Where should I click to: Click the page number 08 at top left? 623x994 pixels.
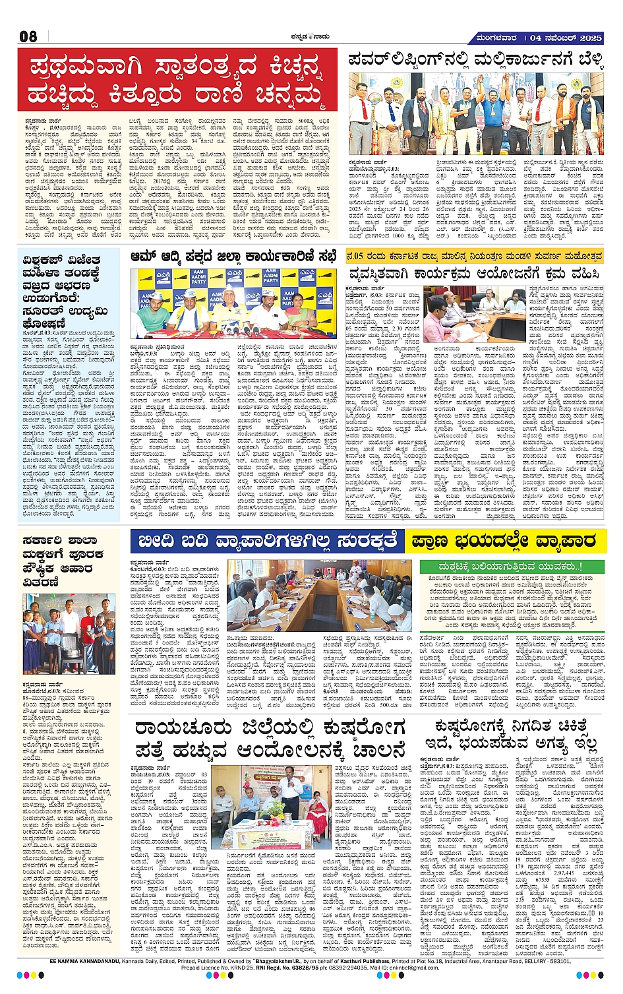[x=28, y=36]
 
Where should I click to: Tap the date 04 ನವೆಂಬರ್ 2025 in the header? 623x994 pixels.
[x=566, y=38]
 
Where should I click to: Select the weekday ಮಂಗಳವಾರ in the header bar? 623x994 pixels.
[x=496, y=38]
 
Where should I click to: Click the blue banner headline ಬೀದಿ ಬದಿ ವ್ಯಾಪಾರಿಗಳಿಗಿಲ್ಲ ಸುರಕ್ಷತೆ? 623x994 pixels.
[x=267, y=542]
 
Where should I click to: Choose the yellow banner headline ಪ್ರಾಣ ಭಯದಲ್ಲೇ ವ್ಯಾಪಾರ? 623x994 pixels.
[x=502, y=542]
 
